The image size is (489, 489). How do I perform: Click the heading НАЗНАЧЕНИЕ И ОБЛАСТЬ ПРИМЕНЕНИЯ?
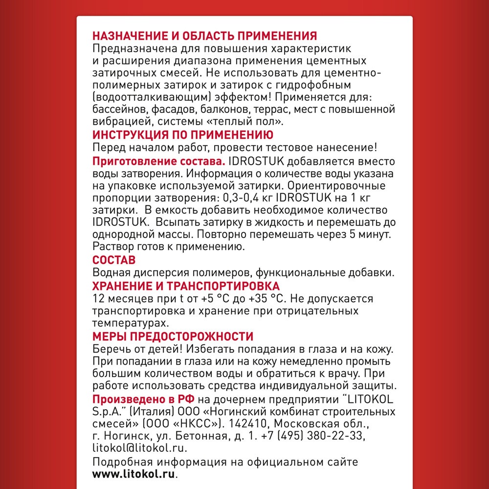coord(205,36)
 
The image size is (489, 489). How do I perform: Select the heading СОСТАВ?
coord(114,260)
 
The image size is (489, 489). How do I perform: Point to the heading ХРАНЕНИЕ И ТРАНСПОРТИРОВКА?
coord(186,286)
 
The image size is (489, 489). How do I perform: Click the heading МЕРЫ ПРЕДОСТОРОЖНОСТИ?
coord(173,336)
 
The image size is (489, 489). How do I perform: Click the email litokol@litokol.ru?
coord(139,448)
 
